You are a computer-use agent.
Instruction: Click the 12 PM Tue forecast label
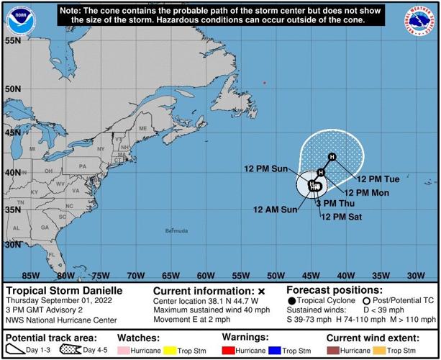[x=378, y=179]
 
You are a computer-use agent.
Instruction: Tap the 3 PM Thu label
[x=336, y=204]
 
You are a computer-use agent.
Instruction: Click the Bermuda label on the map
[x=176, y=231]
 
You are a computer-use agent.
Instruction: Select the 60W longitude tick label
[x=206, y=275]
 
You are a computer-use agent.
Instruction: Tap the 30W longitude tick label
[x=415, y=275]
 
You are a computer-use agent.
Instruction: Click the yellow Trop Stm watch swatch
[x=170, y=351]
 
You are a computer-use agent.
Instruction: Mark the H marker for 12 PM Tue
[x=332, y=157]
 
